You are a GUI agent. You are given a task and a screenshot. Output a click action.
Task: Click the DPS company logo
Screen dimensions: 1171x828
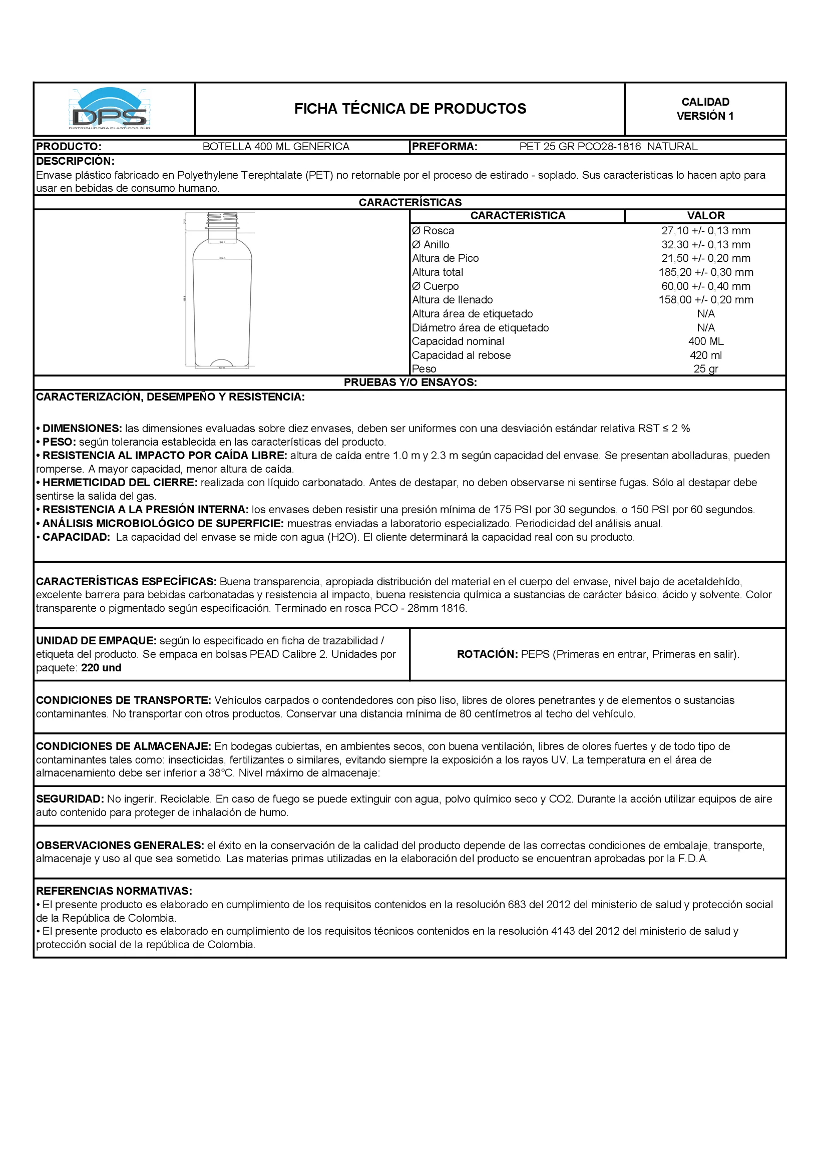pyautogui.click(x=110, y=109)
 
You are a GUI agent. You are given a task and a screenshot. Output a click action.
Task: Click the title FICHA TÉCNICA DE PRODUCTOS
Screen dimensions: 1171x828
pyautogui.click(x=410, y=109)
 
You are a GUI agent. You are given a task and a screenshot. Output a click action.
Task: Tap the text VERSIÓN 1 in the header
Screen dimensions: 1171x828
pyautogui.click(x=705, y=116)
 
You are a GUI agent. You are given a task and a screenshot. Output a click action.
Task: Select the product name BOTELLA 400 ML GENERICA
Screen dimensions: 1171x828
pyautogui.click(x=276, y=147)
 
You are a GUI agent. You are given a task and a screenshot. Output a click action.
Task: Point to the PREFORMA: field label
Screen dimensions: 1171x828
pyautogui.click(x=445, y=147)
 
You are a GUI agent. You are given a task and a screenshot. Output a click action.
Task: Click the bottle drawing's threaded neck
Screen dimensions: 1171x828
pyautogui.click(x=222, y=220)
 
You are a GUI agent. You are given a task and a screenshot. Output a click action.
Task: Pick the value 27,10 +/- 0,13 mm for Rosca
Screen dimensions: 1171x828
pyautogui.click(x=706, y=231)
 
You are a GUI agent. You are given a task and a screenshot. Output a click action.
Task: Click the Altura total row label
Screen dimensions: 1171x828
pyautogui.click(x=438, y=272)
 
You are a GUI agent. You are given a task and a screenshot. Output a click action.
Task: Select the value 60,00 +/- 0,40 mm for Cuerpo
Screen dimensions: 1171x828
pyautogui.click(x=706, y=286)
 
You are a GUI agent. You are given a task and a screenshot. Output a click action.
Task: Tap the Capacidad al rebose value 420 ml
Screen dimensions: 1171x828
pyautogui.click(x=706, y=355)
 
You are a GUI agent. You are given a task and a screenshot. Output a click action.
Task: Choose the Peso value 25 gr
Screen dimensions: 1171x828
pyautogui.click(x=706, y=369)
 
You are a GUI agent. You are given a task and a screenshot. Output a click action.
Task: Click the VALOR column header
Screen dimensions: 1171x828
pyautogui.click(x=706, y=216)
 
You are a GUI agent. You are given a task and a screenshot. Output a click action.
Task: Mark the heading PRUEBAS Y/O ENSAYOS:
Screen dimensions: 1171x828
pyautogui.click(x=410, y=382)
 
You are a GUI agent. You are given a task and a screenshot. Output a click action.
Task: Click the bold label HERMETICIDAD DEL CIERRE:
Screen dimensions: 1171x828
pyautogui.click(x=119, y=483)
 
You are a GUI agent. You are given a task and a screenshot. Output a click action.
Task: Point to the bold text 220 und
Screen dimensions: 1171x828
pyautogui.click(x=101, y=668)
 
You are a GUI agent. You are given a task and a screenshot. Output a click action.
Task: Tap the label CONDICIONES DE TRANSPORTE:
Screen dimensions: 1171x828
pyautogui.click(x=123, y=700)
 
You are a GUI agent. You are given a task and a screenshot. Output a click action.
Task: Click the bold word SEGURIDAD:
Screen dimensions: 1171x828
pyautogui.click(x=70, y=799)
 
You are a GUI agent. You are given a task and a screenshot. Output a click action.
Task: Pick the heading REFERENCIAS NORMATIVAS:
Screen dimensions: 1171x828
pyautogui.click(x=114, y=891)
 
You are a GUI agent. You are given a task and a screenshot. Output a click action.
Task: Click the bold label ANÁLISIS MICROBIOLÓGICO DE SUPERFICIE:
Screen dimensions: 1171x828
pyautogui.click(x=163, y=523)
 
